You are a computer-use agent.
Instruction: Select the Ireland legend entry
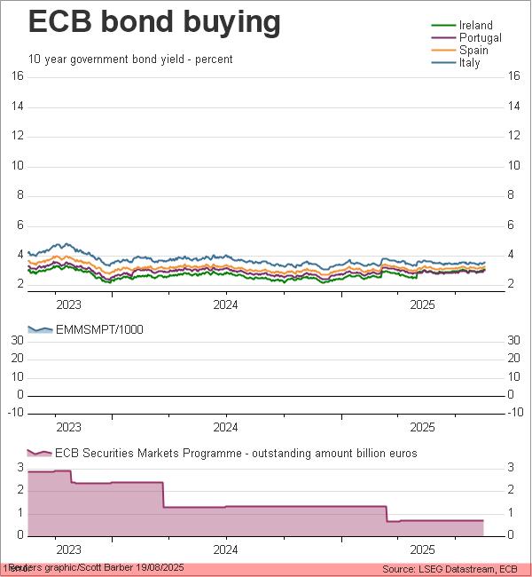click(x=476, y=26)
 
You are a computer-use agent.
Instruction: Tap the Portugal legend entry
click(x=481, y=38)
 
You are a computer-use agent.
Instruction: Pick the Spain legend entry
click(x=473, y=51)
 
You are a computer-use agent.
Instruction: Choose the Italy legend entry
click(x=470, y=63)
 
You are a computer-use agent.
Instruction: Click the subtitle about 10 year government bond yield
click(x=130, y=59)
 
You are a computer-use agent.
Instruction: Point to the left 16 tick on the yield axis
click(x=17, y=76)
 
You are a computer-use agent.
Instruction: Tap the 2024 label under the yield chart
click(x=225, y=304)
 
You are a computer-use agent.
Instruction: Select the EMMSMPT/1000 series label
click(x=99, y=330)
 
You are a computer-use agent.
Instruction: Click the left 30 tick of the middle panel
click(x=17, y=340)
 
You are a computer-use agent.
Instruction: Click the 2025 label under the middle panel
click(x=422, y=427)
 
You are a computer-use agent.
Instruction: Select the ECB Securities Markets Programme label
click(x=236, y=453)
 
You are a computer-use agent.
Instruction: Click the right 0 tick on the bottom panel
click(x=511, y=535)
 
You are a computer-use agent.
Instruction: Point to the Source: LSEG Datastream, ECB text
click(x=450, y=568)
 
